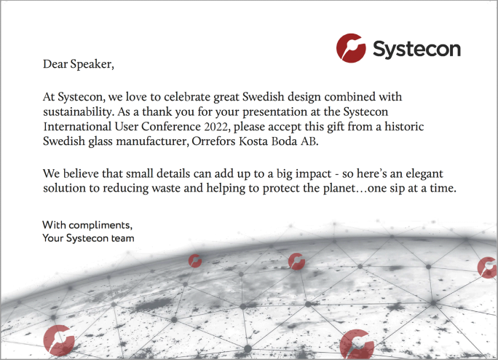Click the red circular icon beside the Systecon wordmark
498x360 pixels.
click(x=351, y=48)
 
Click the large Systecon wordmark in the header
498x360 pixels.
click(x=416, y=50)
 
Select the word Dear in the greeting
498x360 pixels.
click(x=55, y=64)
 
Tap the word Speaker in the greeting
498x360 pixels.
click(x=91, y=65)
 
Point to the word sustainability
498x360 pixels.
click(x=77, y=112)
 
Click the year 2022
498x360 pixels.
click(x=216, y=127)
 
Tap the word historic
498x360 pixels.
click(x=404, y=126)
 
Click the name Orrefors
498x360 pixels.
click(x=213, y=141)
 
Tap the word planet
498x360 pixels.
click(x=339, y=188)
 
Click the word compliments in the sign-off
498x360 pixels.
click(x=100, y=225)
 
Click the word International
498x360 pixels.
click(x=77, y=126)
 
